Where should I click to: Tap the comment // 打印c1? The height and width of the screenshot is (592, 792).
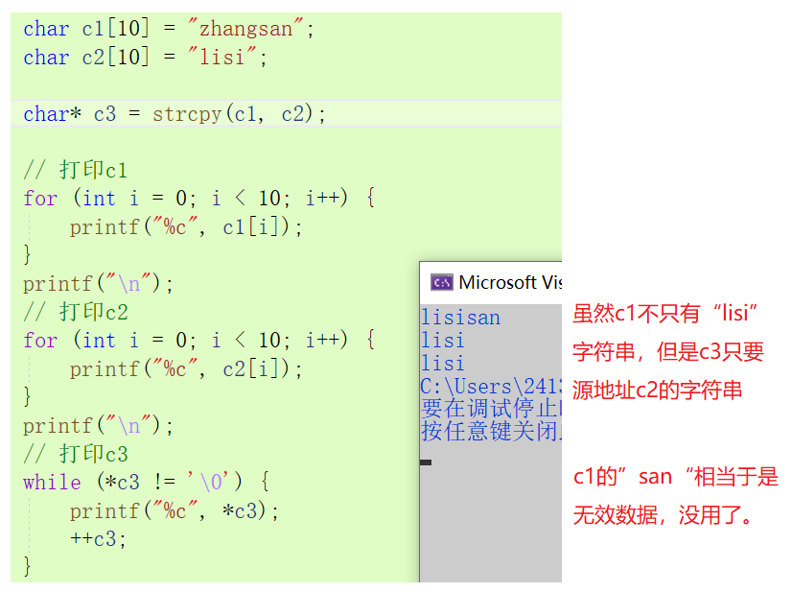(76, 171)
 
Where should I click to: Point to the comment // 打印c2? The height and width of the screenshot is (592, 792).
(76, 312)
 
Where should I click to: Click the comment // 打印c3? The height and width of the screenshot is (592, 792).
(76, 454)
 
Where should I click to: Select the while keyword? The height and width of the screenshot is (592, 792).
(52, 482)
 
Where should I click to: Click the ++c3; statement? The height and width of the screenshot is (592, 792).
(98, 538)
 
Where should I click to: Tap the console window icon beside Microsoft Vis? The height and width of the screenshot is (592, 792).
(441, 282)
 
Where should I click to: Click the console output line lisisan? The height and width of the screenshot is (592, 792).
(460, 318)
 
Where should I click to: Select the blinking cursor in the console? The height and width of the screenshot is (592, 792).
(426, 462)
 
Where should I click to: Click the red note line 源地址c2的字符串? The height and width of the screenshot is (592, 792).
(657, 391)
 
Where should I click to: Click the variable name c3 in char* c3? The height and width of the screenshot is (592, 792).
(105, 114)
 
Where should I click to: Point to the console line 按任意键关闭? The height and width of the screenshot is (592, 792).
(489, 431)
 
